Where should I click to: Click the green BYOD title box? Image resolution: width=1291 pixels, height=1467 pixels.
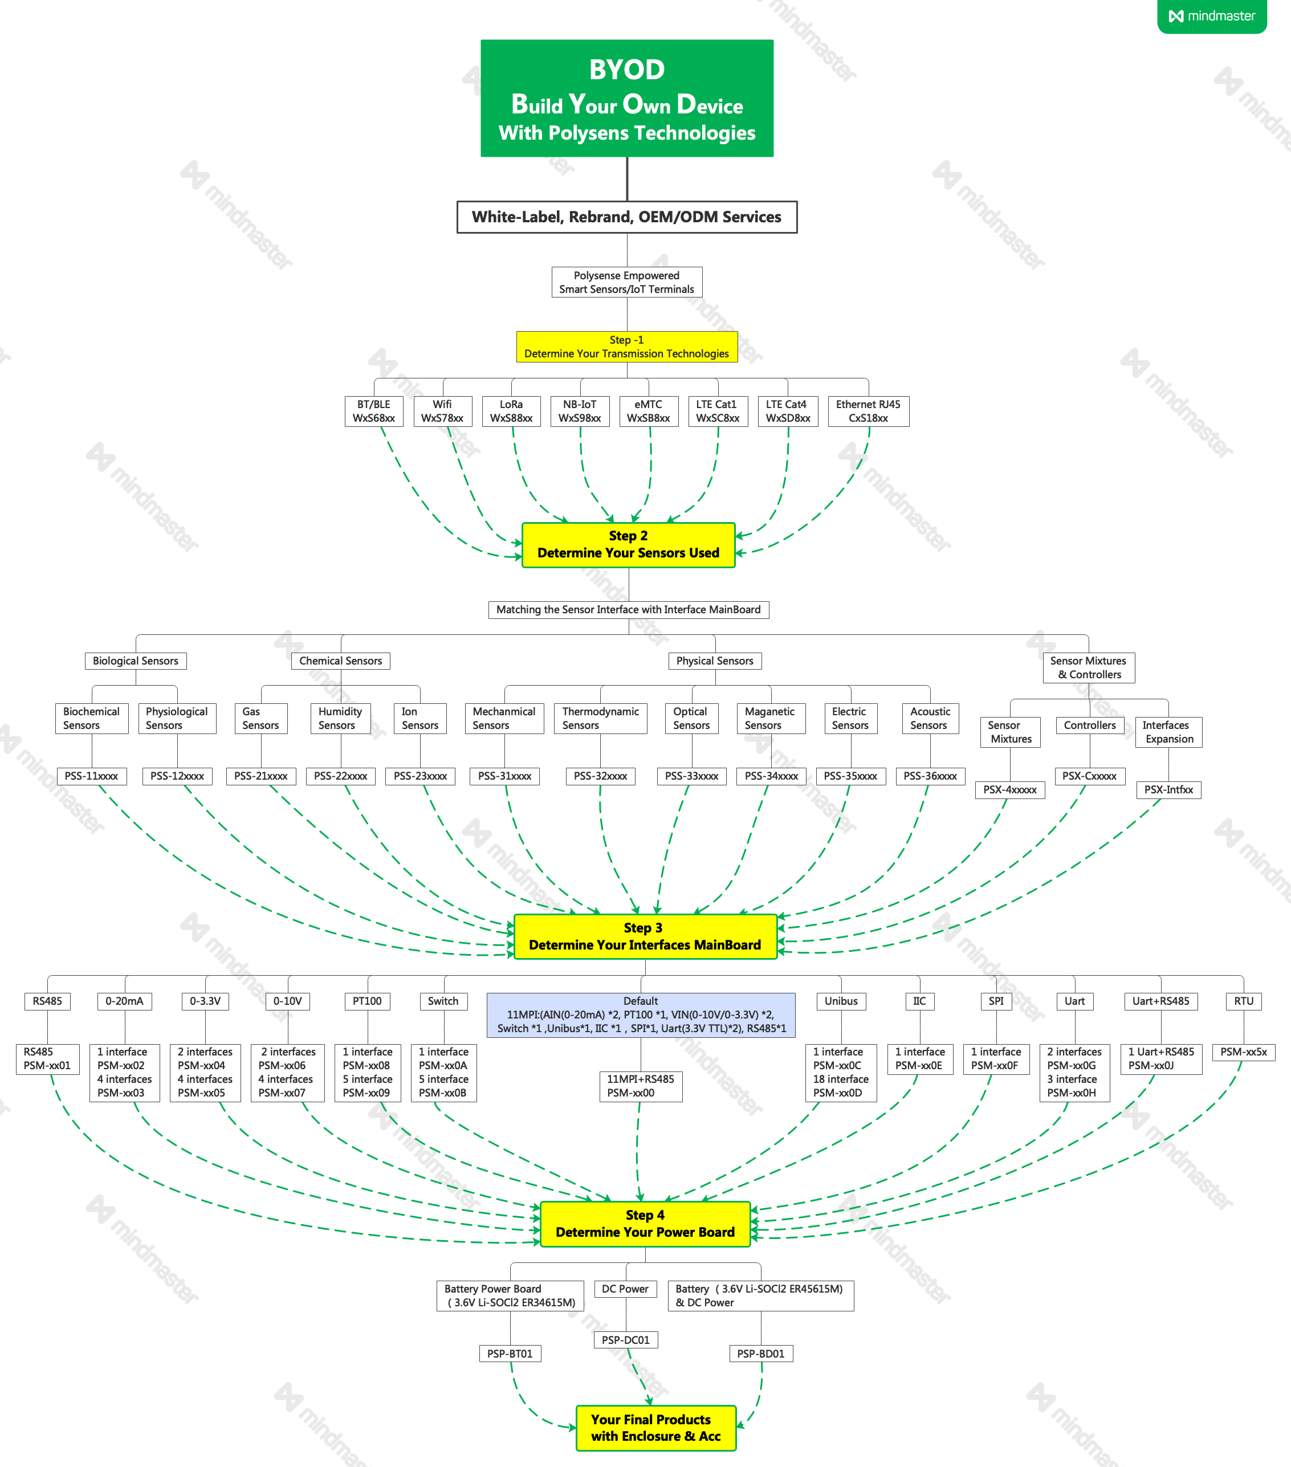626,99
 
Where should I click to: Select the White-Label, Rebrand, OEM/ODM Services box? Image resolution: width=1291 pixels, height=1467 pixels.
626,217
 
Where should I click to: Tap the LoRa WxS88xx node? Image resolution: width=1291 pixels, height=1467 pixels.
511,411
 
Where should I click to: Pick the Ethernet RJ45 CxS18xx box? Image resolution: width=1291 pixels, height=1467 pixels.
868,411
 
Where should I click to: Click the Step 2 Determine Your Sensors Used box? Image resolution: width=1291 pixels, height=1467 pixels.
628,545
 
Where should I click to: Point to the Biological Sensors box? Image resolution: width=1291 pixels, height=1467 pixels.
136,661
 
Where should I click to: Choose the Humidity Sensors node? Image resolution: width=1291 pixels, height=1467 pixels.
340,719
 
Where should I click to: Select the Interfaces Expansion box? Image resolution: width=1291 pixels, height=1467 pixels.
1168,732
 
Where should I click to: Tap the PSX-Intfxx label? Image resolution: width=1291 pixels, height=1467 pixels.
1168,790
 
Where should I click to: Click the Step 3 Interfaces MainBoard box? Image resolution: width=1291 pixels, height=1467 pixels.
645,936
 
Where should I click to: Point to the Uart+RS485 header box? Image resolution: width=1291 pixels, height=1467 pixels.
1160,1001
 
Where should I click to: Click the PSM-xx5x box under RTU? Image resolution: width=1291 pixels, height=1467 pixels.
1244,1052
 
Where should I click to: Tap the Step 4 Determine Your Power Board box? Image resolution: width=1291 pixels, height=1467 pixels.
645,1224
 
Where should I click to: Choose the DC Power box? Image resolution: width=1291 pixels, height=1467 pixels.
625,1289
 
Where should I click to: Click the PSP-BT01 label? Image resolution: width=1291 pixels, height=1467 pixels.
510,1354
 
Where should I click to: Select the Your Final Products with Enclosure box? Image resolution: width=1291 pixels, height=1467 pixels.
656,1428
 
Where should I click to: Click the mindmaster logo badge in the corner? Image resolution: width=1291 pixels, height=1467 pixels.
1212,16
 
